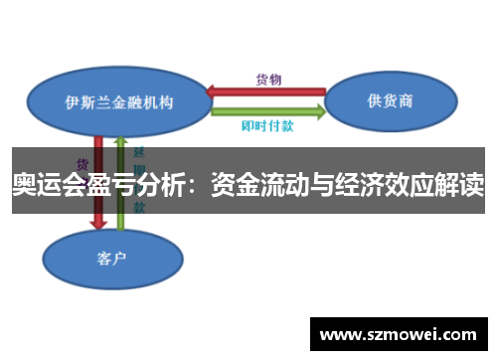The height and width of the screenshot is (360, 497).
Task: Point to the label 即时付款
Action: point(267,126)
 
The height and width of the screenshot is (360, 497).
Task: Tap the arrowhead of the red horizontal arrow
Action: point(214,92)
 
